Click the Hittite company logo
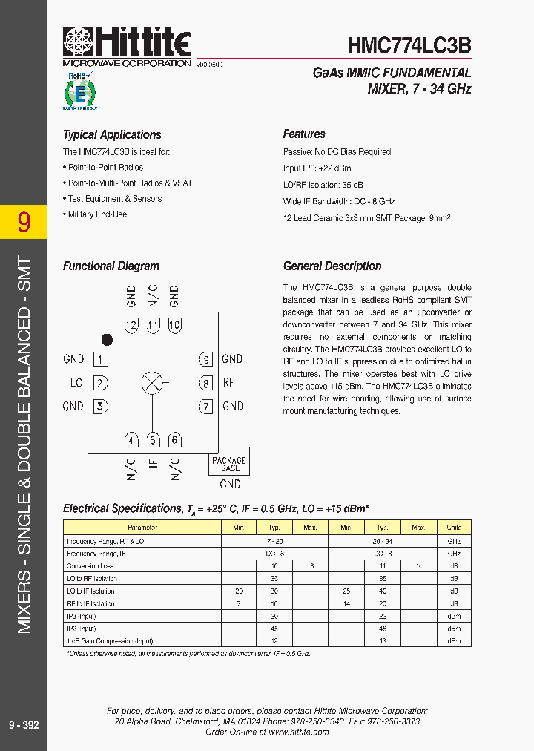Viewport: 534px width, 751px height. (x=126, y=47)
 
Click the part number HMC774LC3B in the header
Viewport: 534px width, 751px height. (x=409, y=47)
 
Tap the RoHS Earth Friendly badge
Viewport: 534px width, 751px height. (x=79, y=91)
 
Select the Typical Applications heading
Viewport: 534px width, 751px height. (x=112, y=135)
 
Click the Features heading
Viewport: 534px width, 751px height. (x=304, y=134)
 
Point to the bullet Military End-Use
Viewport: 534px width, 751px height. (x=97, y=214)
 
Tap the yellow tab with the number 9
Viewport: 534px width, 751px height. (x=24, y=221)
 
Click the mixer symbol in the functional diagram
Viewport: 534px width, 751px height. (x=152, y=383)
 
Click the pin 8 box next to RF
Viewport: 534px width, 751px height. (x=205, y=383)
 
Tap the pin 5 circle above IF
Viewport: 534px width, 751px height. (x=153, y=440)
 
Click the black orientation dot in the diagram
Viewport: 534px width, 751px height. (x=107, y=340)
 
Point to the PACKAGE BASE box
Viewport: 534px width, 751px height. (x=229, y=464)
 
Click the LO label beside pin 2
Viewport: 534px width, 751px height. (x=76, y=383)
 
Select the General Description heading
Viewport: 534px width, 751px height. (x=332, y=266)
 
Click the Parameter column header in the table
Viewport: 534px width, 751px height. (x=142, y=527)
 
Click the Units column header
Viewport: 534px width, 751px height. (x=454, y=527)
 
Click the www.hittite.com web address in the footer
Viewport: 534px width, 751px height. (x=298, y=732)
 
